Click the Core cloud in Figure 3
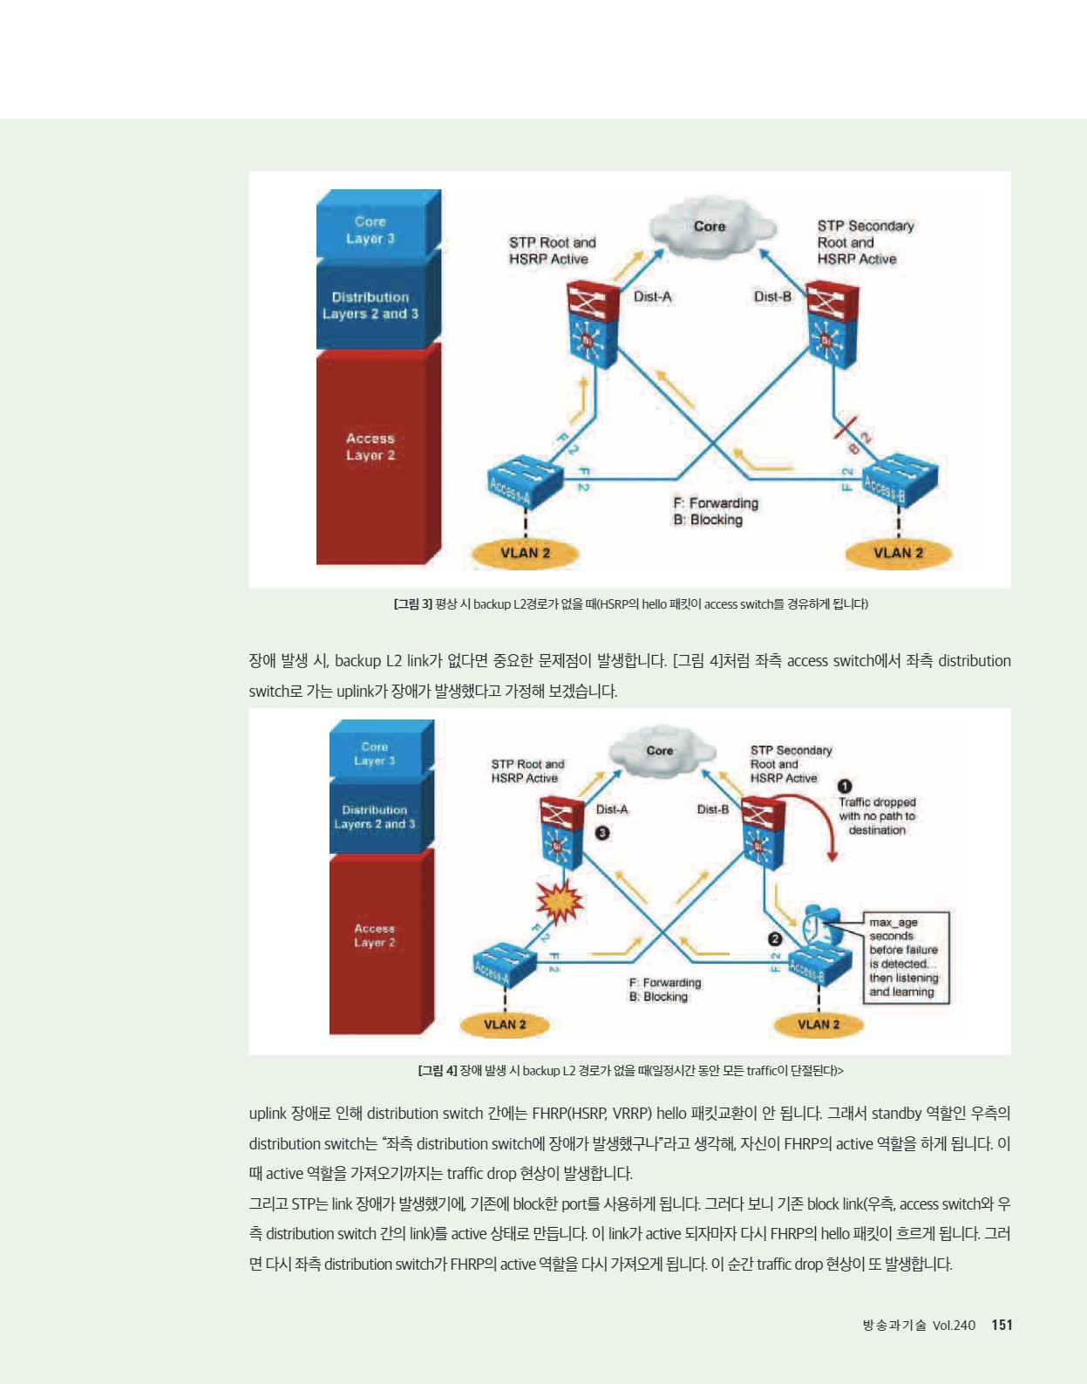711,228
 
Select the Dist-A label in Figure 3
652,297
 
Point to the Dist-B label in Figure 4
713,809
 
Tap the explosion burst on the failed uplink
560,903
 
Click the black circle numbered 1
846,787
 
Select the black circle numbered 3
602,833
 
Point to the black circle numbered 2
775,939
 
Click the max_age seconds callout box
906,958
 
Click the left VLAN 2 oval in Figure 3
525,554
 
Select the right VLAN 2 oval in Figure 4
819,1025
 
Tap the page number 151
1002,1326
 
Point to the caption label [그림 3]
413,603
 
